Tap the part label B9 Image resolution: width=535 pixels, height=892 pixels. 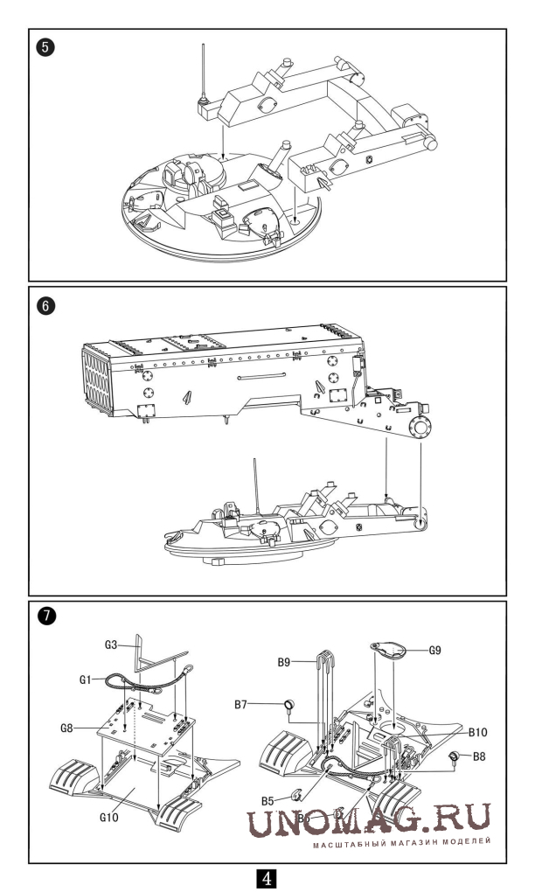point(302,662)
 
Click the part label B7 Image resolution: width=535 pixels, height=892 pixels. point(269,702)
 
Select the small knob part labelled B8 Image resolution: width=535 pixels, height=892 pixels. point(455,756)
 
